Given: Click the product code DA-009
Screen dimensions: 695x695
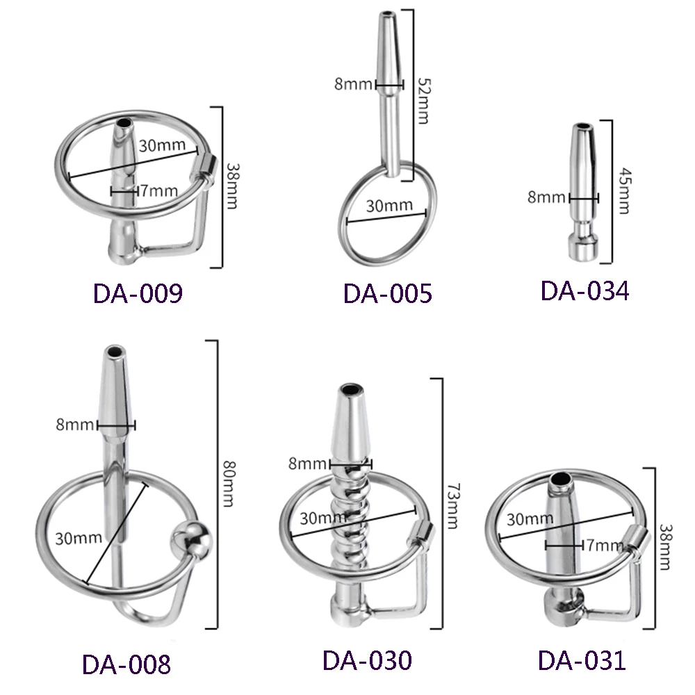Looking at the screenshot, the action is pos(138,293).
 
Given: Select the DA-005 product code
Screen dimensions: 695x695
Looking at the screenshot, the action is pos(387,293).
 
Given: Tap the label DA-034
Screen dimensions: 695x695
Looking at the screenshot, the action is pos(584,291).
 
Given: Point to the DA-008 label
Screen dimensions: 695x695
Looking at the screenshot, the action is pos(126,664).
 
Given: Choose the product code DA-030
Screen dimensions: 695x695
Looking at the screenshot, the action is pos(367,660).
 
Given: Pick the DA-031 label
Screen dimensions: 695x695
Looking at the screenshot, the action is pos(582,660).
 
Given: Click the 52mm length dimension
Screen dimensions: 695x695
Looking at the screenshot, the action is pos(424,101).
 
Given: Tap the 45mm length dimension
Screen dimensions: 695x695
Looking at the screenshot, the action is pos(624,190).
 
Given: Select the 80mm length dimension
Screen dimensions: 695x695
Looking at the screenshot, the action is pos(229,484).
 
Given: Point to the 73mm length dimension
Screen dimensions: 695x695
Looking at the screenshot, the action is pos(452,506).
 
